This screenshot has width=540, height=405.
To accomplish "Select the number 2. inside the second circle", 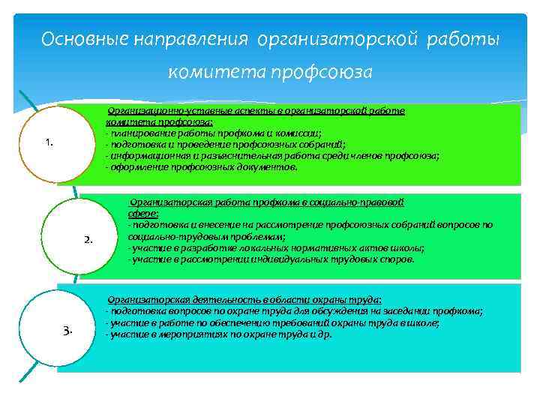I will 88,239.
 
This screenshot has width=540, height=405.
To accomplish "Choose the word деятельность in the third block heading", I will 203,298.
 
